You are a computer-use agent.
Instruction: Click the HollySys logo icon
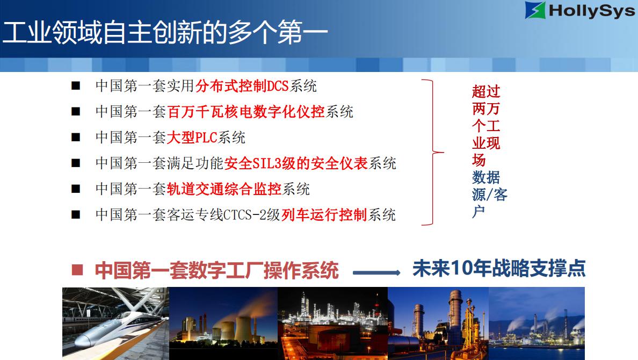(535, 11)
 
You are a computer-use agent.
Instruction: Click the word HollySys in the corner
(592, 11)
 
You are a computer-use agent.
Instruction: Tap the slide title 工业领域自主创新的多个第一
(165, 32)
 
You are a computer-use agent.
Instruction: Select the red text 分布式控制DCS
(242, 86)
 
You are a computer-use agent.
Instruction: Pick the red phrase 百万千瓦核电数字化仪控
(246, 112)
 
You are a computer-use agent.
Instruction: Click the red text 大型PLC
(192, 137)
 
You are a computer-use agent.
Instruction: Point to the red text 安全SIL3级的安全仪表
(296, 163)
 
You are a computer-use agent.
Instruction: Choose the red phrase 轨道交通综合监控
(224, 189)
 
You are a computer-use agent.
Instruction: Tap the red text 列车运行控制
(324, 214)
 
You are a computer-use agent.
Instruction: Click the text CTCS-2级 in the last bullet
(252, 214)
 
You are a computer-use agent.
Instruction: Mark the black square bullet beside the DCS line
(76, 86)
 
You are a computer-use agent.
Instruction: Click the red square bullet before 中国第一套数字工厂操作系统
(77, 270)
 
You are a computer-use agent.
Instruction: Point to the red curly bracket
(432, 152)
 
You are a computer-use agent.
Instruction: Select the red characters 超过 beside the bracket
(486, 91)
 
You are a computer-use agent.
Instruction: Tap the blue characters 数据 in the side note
(486, 177)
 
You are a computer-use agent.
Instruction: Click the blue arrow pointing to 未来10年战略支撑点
(376, 272)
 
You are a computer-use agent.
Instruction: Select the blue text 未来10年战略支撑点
(499, 268)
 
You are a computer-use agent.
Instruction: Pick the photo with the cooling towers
(223, 323)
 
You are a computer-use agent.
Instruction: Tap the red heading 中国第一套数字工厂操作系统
(216, 270)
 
